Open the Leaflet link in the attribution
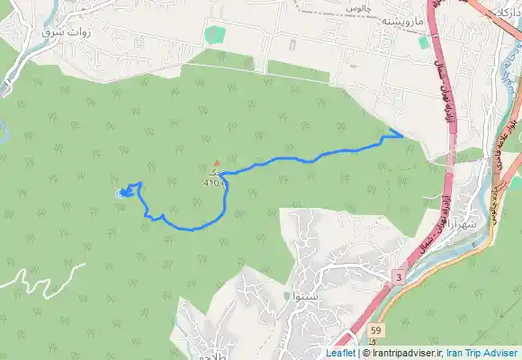click(x=340, y=353)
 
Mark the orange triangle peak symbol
click(x=216, y=163)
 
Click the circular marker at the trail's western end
click(x=121, y=194)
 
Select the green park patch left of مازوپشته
click(x=213, y=36)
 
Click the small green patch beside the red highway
click(x=423, y=41)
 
